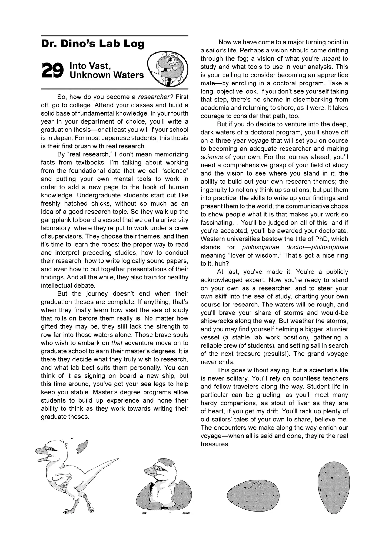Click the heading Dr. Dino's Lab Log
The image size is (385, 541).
93,44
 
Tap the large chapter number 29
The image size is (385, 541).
52,71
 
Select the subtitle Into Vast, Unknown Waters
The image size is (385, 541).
107,70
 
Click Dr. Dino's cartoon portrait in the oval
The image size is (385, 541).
168,69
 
